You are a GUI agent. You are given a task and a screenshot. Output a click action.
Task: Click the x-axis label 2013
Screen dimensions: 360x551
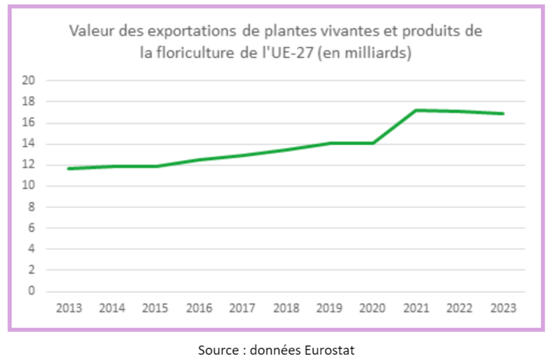pos(69,308)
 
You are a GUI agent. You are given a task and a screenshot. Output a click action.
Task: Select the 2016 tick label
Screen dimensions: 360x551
pos(199,308)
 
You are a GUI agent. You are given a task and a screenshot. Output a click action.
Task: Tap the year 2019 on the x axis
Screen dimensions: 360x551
pos(329,308)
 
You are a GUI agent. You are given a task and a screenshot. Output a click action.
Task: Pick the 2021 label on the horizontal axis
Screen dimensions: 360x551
pos(416,308)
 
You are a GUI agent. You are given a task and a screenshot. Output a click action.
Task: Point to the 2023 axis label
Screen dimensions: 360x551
pos(503,308)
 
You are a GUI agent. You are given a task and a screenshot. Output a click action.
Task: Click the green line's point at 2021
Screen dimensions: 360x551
pos(416,110)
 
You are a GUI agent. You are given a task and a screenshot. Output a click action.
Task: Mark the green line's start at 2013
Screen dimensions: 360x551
pos(69,168)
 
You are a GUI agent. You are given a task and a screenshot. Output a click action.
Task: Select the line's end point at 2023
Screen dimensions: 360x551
pos(503,113)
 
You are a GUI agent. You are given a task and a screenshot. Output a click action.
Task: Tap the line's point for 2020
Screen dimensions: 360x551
pos(372,143)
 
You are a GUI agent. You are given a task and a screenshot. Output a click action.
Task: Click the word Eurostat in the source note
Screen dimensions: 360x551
pos(332,349)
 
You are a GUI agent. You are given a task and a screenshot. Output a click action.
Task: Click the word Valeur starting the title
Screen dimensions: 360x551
pos(89,31)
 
